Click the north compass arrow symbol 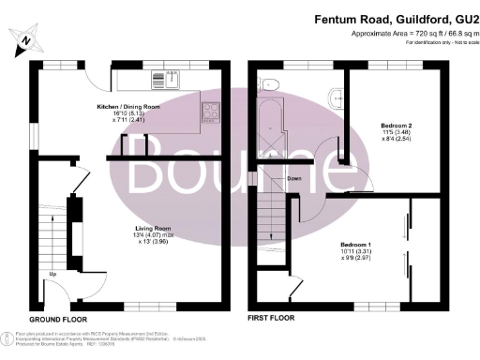pyautogui.click(x=25, y=39)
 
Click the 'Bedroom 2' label pyautogui.click(x=395, y=124)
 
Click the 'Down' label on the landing pyautogui.click(x=293, y=177)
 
